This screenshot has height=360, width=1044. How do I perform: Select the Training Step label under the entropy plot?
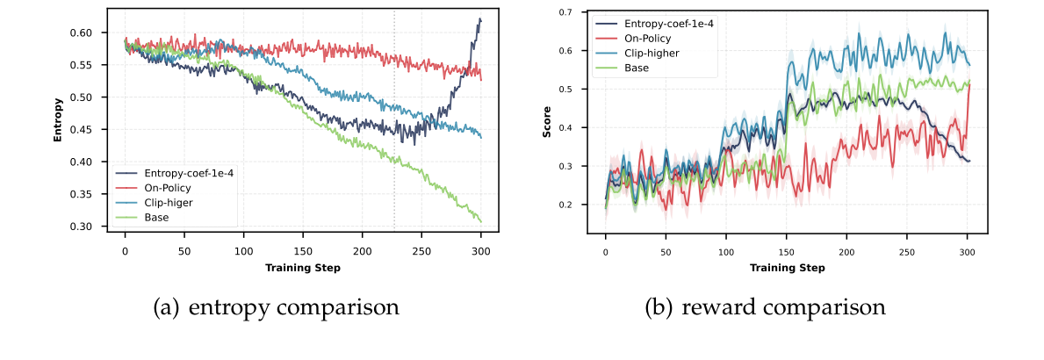(302, 267)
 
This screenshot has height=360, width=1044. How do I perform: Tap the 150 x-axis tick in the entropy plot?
(303, 250)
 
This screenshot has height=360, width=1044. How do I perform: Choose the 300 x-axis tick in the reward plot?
(967, 251)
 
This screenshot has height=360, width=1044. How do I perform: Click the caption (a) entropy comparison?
(276, 308)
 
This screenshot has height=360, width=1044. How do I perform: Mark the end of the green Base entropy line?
(481, 222)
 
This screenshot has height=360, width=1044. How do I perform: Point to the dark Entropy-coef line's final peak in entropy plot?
(479, 19)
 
